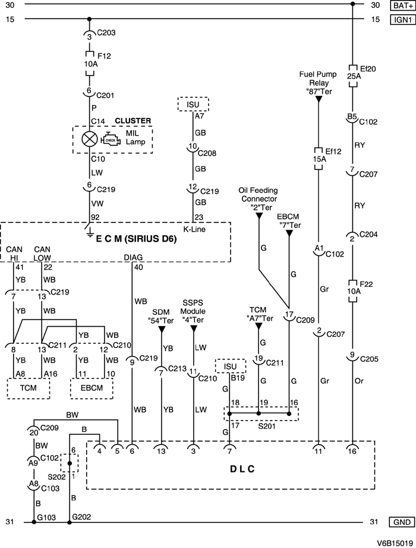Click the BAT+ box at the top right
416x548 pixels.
pos(402,5)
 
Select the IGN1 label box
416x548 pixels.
pos(402,20)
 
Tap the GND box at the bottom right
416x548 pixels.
pos(402,522)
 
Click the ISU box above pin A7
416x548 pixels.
pos(193,104)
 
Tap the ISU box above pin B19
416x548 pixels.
pos(229,365)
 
